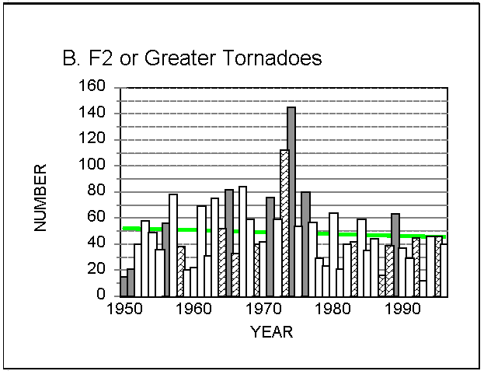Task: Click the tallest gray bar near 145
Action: (x=291, y=201)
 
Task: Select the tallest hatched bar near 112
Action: (x=284, y=223)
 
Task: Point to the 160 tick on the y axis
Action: (x=92, y=86)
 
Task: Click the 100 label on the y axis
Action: (x=92, y=164)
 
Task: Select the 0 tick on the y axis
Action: (x=101, y=294)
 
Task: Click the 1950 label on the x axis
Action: (x=125, y=309)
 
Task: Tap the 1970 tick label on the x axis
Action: (x=265, y=309)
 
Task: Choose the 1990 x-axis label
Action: (x=403, y=309)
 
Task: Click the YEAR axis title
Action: (x=272, y=332)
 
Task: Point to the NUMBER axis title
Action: (x=40, y=198)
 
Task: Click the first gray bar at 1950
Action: (x=124, y=286)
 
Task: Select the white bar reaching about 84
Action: (x=242, y=241)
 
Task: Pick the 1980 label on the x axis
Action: (x=333, y=309)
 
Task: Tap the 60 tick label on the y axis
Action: (x=96, y=216)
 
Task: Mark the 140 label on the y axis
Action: (x=92, y=112)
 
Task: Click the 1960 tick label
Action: (x=194, y=309)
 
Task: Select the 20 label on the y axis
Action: (x=96, y=269)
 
